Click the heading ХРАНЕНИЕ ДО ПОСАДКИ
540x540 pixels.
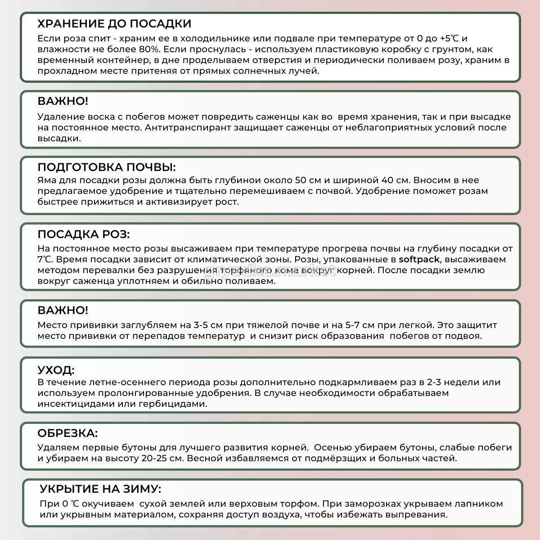(114, 24)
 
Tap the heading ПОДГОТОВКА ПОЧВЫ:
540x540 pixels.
(107, 167)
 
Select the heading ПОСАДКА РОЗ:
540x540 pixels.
(84, 234)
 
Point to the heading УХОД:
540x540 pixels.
(56, 370)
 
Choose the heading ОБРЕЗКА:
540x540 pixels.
(67, 433)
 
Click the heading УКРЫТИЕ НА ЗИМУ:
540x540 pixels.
(100, 489)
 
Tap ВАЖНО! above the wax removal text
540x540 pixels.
(63, 101)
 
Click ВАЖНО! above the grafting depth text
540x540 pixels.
(63, 310)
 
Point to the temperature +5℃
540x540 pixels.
(449, 39)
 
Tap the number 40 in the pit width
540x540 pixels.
(387, 180)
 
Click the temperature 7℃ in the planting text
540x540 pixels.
(45, 260)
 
